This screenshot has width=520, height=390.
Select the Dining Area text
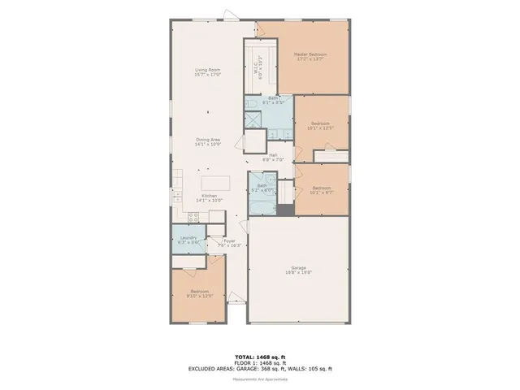click(x=208, y=140)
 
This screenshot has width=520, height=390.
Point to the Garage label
click(x=298, y=268)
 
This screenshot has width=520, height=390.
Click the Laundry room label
click(x=188, y=237)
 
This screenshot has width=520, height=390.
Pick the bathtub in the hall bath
click(x=262, y=206)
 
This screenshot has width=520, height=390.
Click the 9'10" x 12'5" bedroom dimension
click(x=200, y=296)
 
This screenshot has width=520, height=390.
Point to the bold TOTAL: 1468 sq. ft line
click(x=259, y=357)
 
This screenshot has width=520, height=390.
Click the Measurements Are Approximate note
click(x=259, y=378)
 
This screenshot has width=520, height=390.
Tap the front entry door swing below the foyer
click(x=235, y=299)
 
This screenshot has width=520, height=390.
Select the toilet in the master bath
click(x=252, y=104)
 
